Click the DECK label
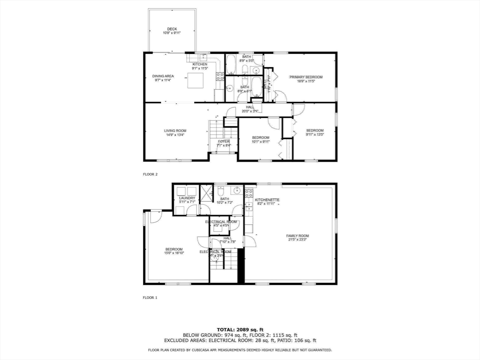[x=172, y=29]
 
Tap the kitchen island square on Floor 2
[x=196, y=81]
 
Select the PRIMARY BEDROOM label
[x=306, y=77]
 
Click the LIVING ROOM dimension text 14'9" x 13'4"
[x=175, y=135]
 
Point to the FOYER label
[x=224, y=141]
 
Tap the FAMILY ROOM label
[x=298, y=236]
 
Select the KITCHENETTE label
[x=267, y=200]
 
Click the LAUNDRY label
[x=187, y=198]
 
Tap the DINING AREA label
[x=163, y=76]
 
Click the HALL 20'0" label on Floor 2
[x=250, y=107]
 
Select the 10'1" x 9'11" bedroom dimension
[x=261, y=142]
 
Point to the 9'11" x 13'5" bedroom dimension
[x=315, y=135]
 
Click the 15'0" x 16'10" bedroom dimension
[x=174, y=253]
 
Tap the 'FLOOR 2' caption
[x=150, y=174]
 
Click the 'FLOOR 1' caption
[x=150, y=297]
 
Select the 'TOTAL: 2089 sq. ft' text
[x=240, y=329]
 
